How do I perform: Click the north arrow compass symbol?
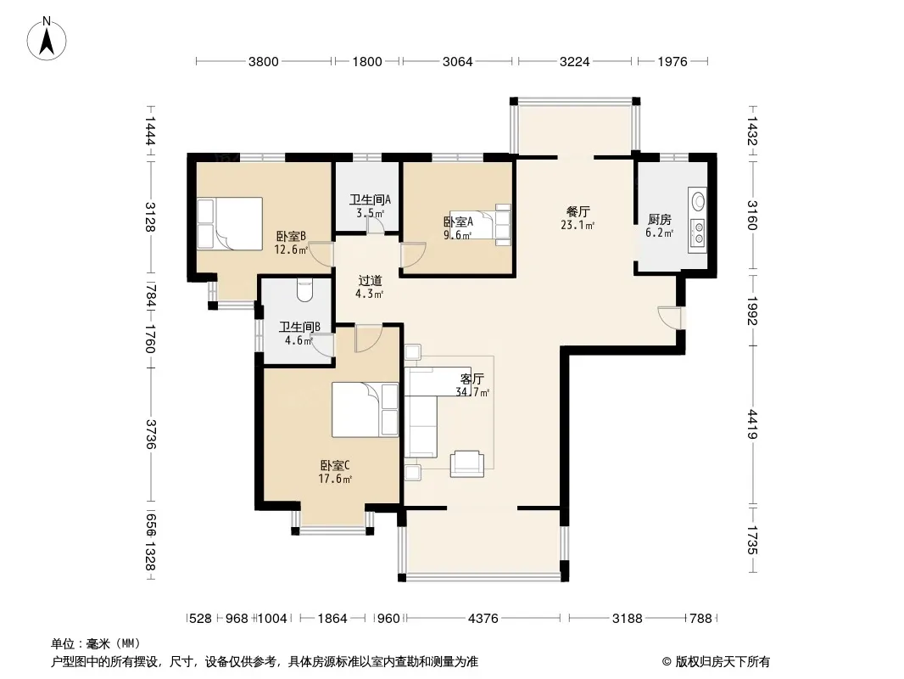point(47,39)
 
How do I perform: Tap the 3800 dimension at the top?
point(264,62)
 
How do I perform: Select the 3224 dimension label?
point(575,62)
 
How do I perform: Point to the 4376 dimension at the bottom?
point(483,619)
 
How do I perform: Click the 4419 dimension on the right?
point(752,424)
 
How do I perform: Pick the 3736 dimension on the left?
point(150,434)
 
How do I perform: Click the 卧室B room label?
point(291,237)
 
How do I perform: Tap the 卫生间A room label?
point(370,199)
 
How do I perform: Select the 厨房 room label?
point(660,220)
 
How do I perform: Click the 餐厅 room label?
point(578,211)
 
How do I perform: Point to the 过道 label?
point(370,281)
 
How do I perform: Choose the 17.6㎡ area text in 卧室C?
point(335,479)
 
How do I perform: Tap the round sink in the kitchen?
point(699,201)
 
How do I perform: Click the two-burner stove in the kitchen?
point(699,233)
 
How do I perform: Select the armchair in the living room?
point(466,463)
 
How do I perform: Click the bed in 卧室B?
point(230,224)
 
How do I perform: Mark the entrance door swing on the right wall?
point(669,318)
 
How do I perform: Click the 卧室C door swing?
point(367,339)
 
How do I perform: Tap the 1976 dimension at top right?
point(672,62)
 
